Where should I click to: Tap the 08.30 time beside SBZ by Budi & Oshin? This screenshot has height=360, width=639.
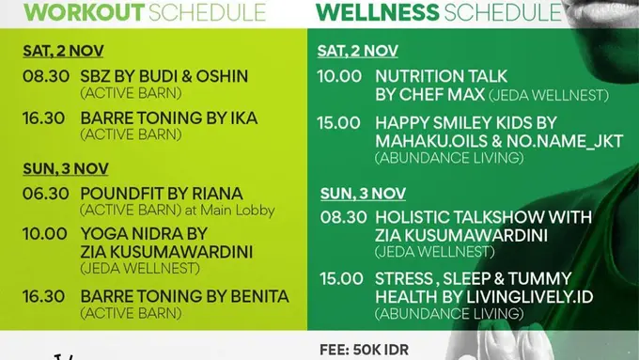[x=46, y=75]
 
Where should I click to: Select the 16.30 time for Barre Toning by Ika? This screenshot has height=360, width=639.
[x=46, y=117]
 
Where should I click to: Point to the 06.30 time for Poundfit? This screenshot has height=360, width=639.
[x=46, y=194]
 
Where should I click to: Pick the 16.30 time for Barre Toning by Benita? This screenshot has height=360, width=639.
[x=46, y=296]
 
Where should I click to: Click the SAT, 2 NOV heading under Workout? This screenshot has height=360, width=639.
[x=63, y=51]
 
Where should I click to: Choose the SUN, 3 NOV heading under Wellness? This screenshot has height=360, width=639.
[x=363, y=194]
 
